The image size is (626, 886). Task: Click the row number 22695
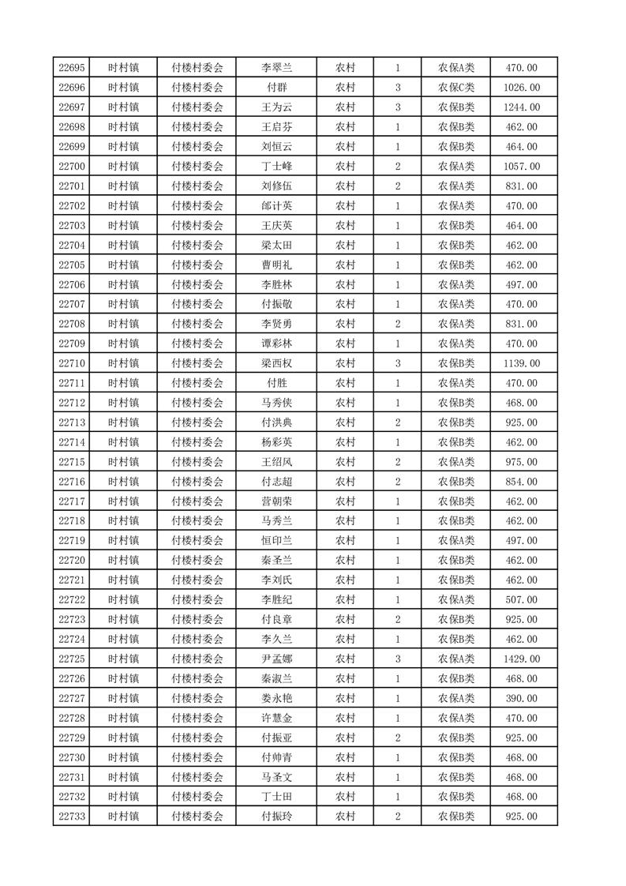(x=72, y=68)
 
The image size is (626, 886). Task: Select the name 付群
(x=276, y=88)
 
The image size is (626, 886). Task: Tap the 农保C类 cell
(x=456, y=88)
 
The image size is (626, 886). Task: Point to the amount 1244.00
(x=523, y=107)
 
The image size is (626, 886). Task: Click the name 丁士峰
(x=276, y=167)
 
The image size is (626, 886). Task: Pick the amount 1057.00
(x=523, y=167)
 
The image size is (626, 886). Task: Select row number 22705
(x=72, y=265)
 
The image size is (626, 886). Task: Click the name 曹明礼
(x=276, y=265)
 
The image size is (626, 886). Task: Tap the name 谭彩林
(x=276, y=344)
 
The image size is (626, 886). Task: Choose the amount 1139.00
(x=523, y=363)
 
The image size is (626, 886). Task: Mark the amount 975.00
(x=523, y=462)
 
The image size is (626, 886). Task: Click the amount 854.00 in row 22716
(x=523, y=482)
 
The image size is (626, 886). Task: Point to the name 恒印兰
(x=276, y=541)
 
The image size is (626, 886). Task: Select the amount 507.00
(x=523, y=600)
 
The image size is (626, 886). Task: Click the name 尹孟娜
(x=276, y=659)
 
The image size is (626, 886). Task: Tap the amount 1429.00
(x=523, y=659)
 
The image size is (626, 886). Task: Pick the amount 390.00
(x=523, y=698)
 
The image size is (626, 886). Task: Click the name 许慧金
(x=276, y=718)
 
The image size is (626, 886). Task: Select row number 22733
(x=72, y=817)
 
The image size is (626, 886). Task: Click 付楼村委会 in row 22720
(x=197, y=561)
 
